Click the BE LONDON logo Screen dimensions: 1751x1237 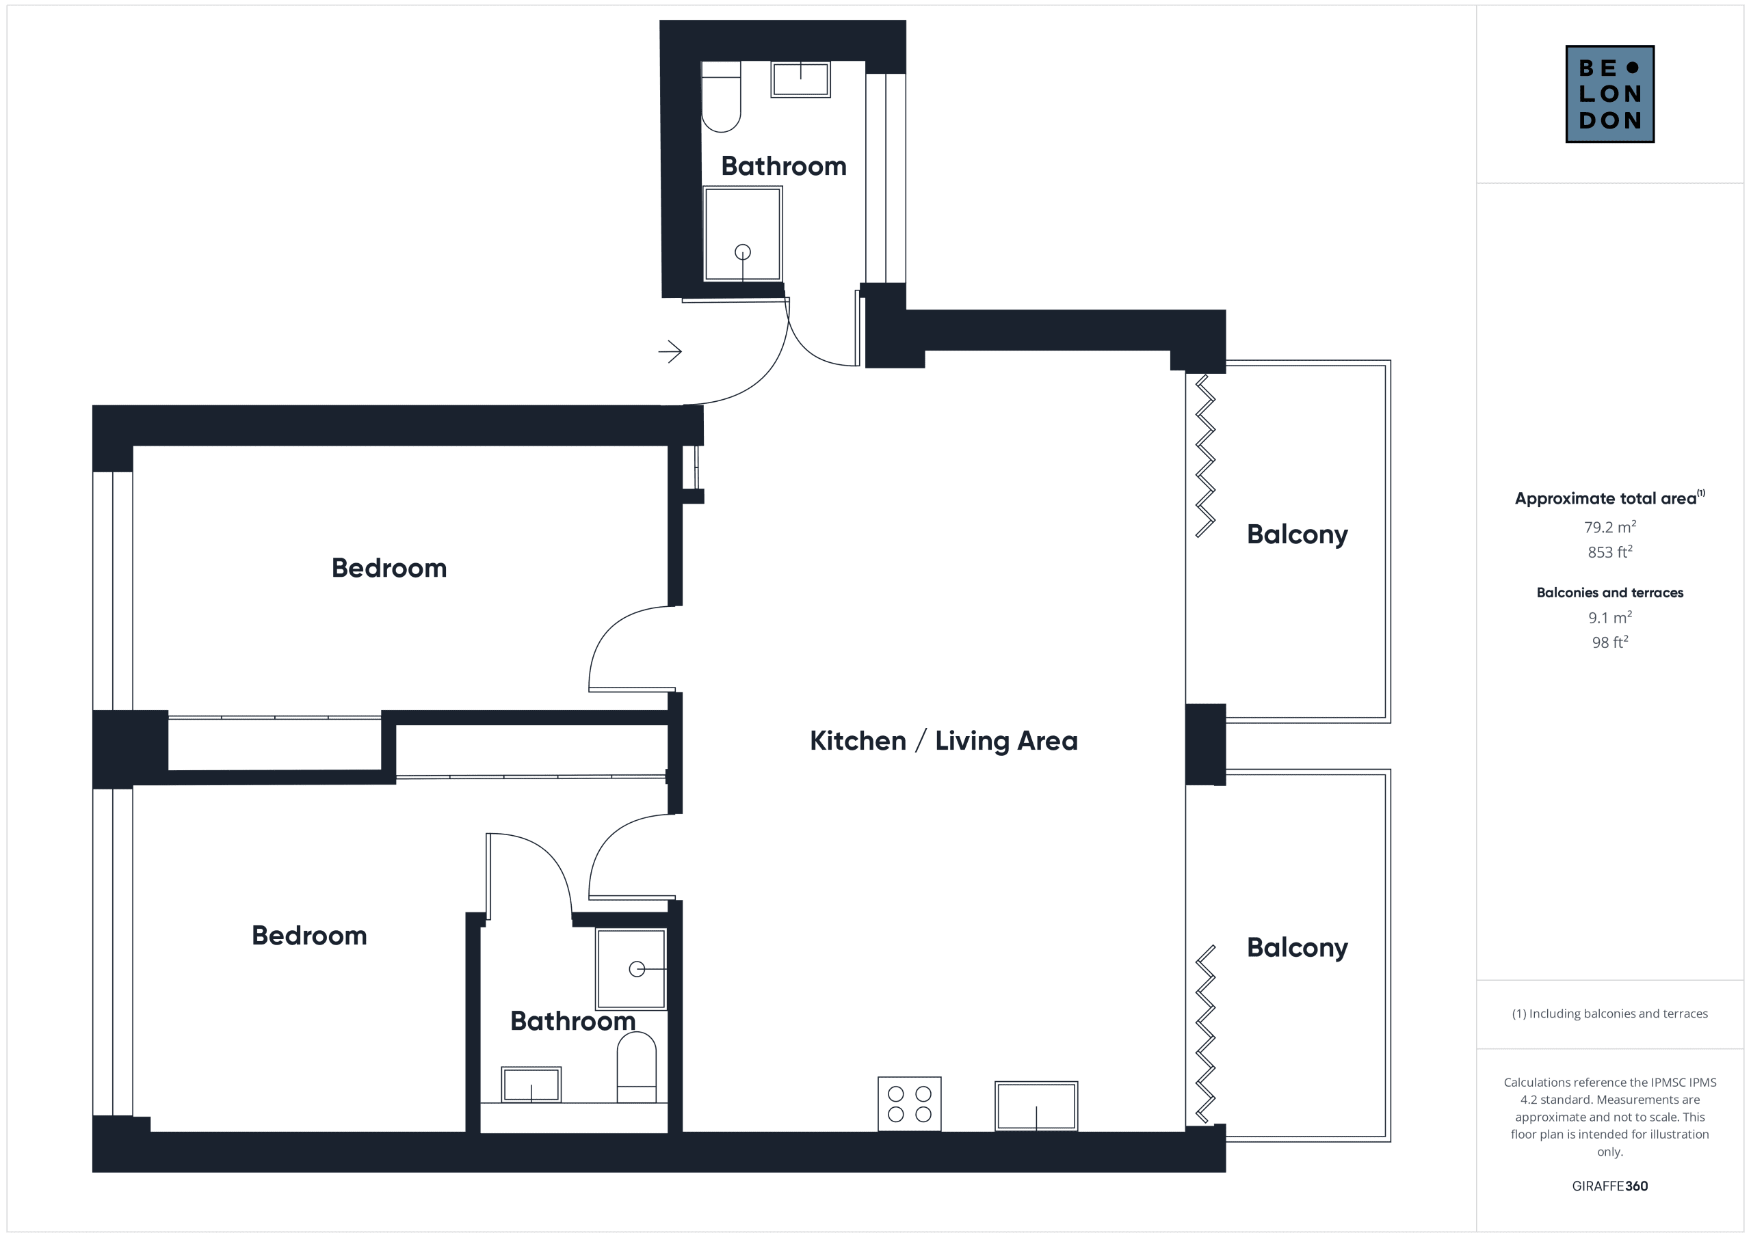1609,94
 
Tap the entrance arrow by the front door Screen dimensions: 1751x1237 670,351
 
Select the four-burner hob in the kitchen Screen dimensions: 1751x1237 909,1104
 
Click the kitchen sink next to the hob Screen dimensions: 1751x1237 1036,1106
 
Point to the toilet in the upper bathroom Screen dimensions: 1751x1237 721,97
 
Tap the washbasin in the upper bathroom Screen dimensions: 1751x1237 800,79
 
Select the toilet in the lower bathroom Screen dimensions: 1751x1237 636,1067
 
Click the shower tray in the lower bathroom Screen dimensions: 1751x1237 631,968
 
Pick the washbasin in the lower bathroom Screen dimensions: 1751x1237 531,1085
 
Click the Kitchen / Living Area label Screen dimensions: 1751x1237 943,741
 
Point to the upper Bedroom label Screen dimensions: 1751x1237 389,568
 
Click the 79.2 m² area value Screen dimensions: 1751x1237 1610,527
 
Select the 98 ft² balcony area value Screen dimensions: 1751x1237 1610,642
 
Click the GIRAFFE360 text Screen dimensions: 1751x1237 1610,1186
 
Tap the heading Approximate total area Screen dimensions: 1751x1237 1609,498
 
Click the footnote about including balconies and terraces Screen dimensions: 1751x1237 1610,1014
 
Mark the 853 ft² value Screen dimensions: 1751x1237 1610,551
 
